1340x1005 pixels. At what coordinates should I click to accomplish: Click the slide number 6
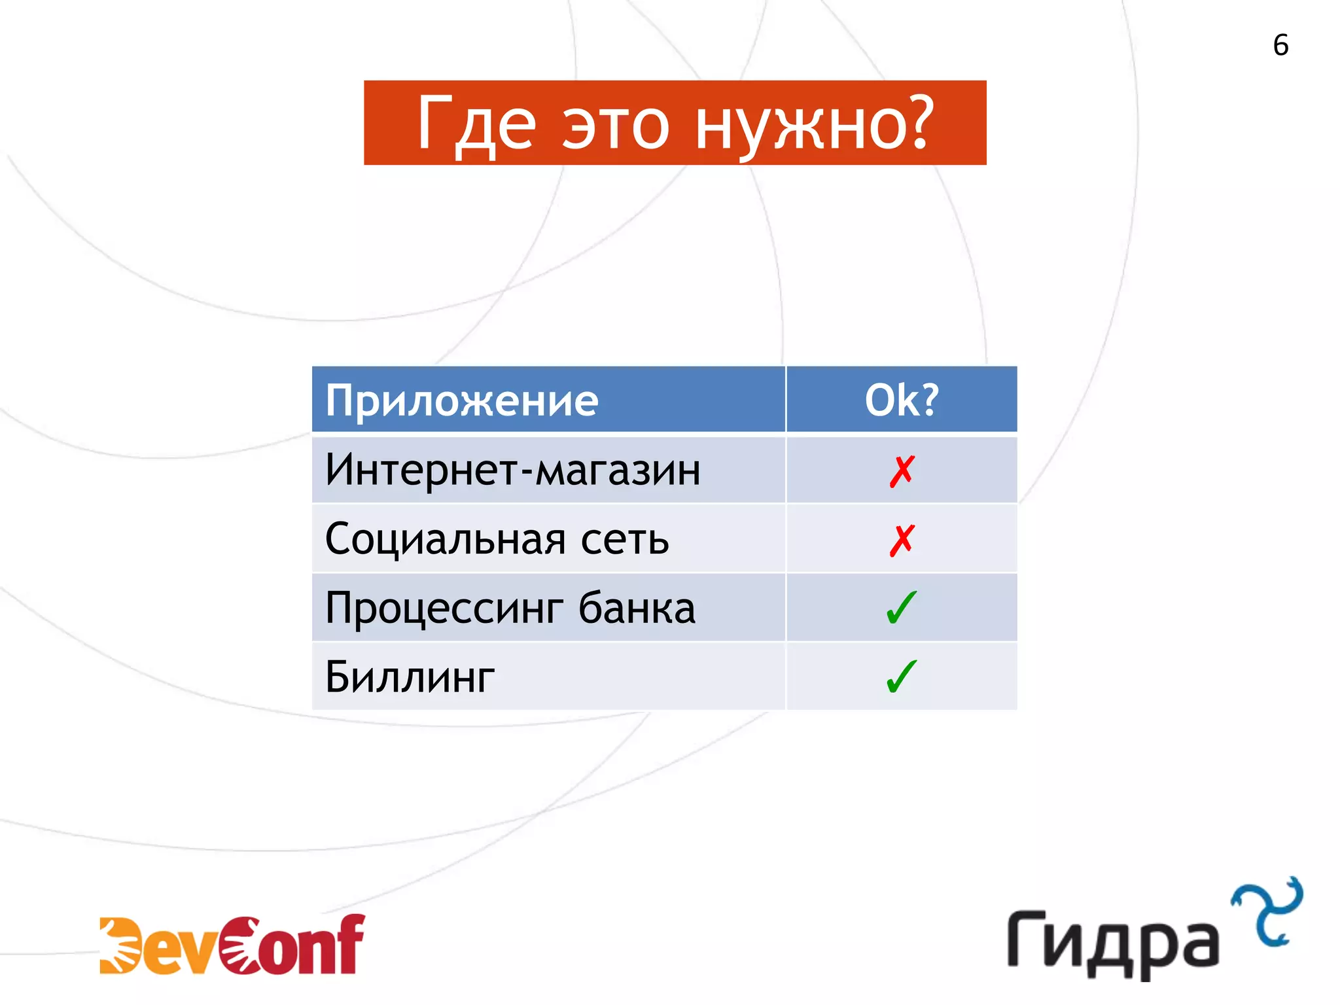(x=1280, y=45)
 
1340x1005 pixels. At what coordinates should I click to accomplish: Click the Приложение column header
(x=462, y=400)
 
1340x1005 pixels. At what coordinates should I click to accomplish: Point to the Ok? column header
(x=902, y=400)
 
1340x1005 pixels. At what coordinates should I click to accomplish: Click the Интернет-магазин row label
(x=513, y=470)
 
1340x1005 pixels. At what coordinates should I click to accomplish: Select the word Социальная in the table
(x=445, y=540)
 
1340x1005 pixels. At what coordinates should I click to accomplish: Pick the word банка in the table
(x=637, y=608)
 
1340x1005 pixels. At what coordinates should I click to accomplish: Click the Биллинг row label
(x=410, y=677)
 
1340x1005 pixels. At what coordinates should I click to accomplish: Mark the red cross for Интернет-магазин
(x=902, y=471)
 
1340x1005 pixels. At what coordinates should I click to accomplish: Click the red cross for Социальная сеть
(x=902, y=540)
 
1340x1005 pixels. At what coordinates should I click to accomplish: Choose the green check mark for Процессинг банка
(x=902, y=608)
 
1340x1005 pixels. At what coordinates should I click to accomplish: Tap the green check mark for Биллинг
(x=902, y=677)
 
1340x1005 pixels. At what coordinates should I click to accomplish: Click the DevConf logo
(x=232, y=945)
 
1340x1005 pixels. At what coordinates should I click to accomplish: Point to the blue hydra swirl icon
(x=1267, y=911)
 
